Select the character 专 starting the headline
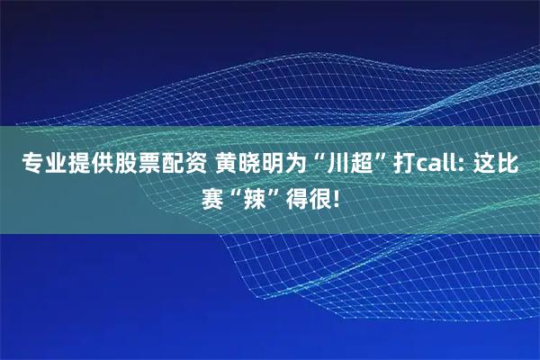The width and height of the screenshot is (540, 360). pyautogui.click(x=31, y=165)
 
